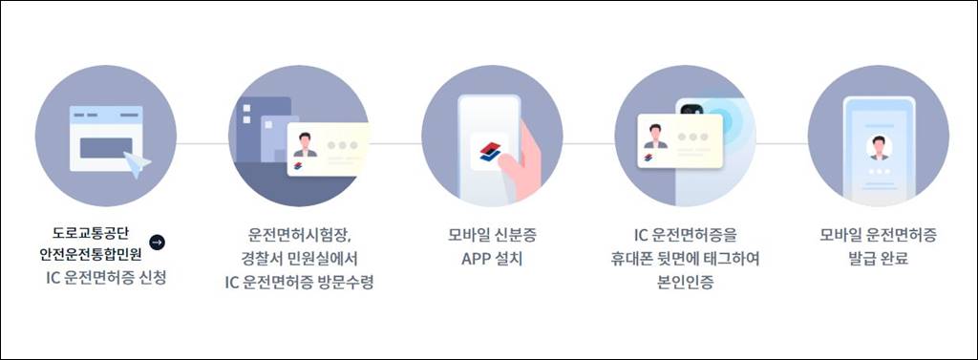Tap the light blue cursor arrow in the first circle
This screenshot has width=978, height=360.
(137, 166)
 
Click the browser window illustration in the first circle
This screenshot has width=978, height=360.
(104, 138)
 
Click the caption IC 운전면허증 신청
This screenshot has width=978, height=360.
(105, 278)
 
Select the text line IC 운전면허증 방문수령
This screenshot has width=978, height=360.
(298, 282)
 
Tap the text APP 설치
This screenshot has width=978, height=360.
(491, 259)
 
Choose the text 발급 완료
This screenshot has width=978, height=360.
(878, 259)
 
